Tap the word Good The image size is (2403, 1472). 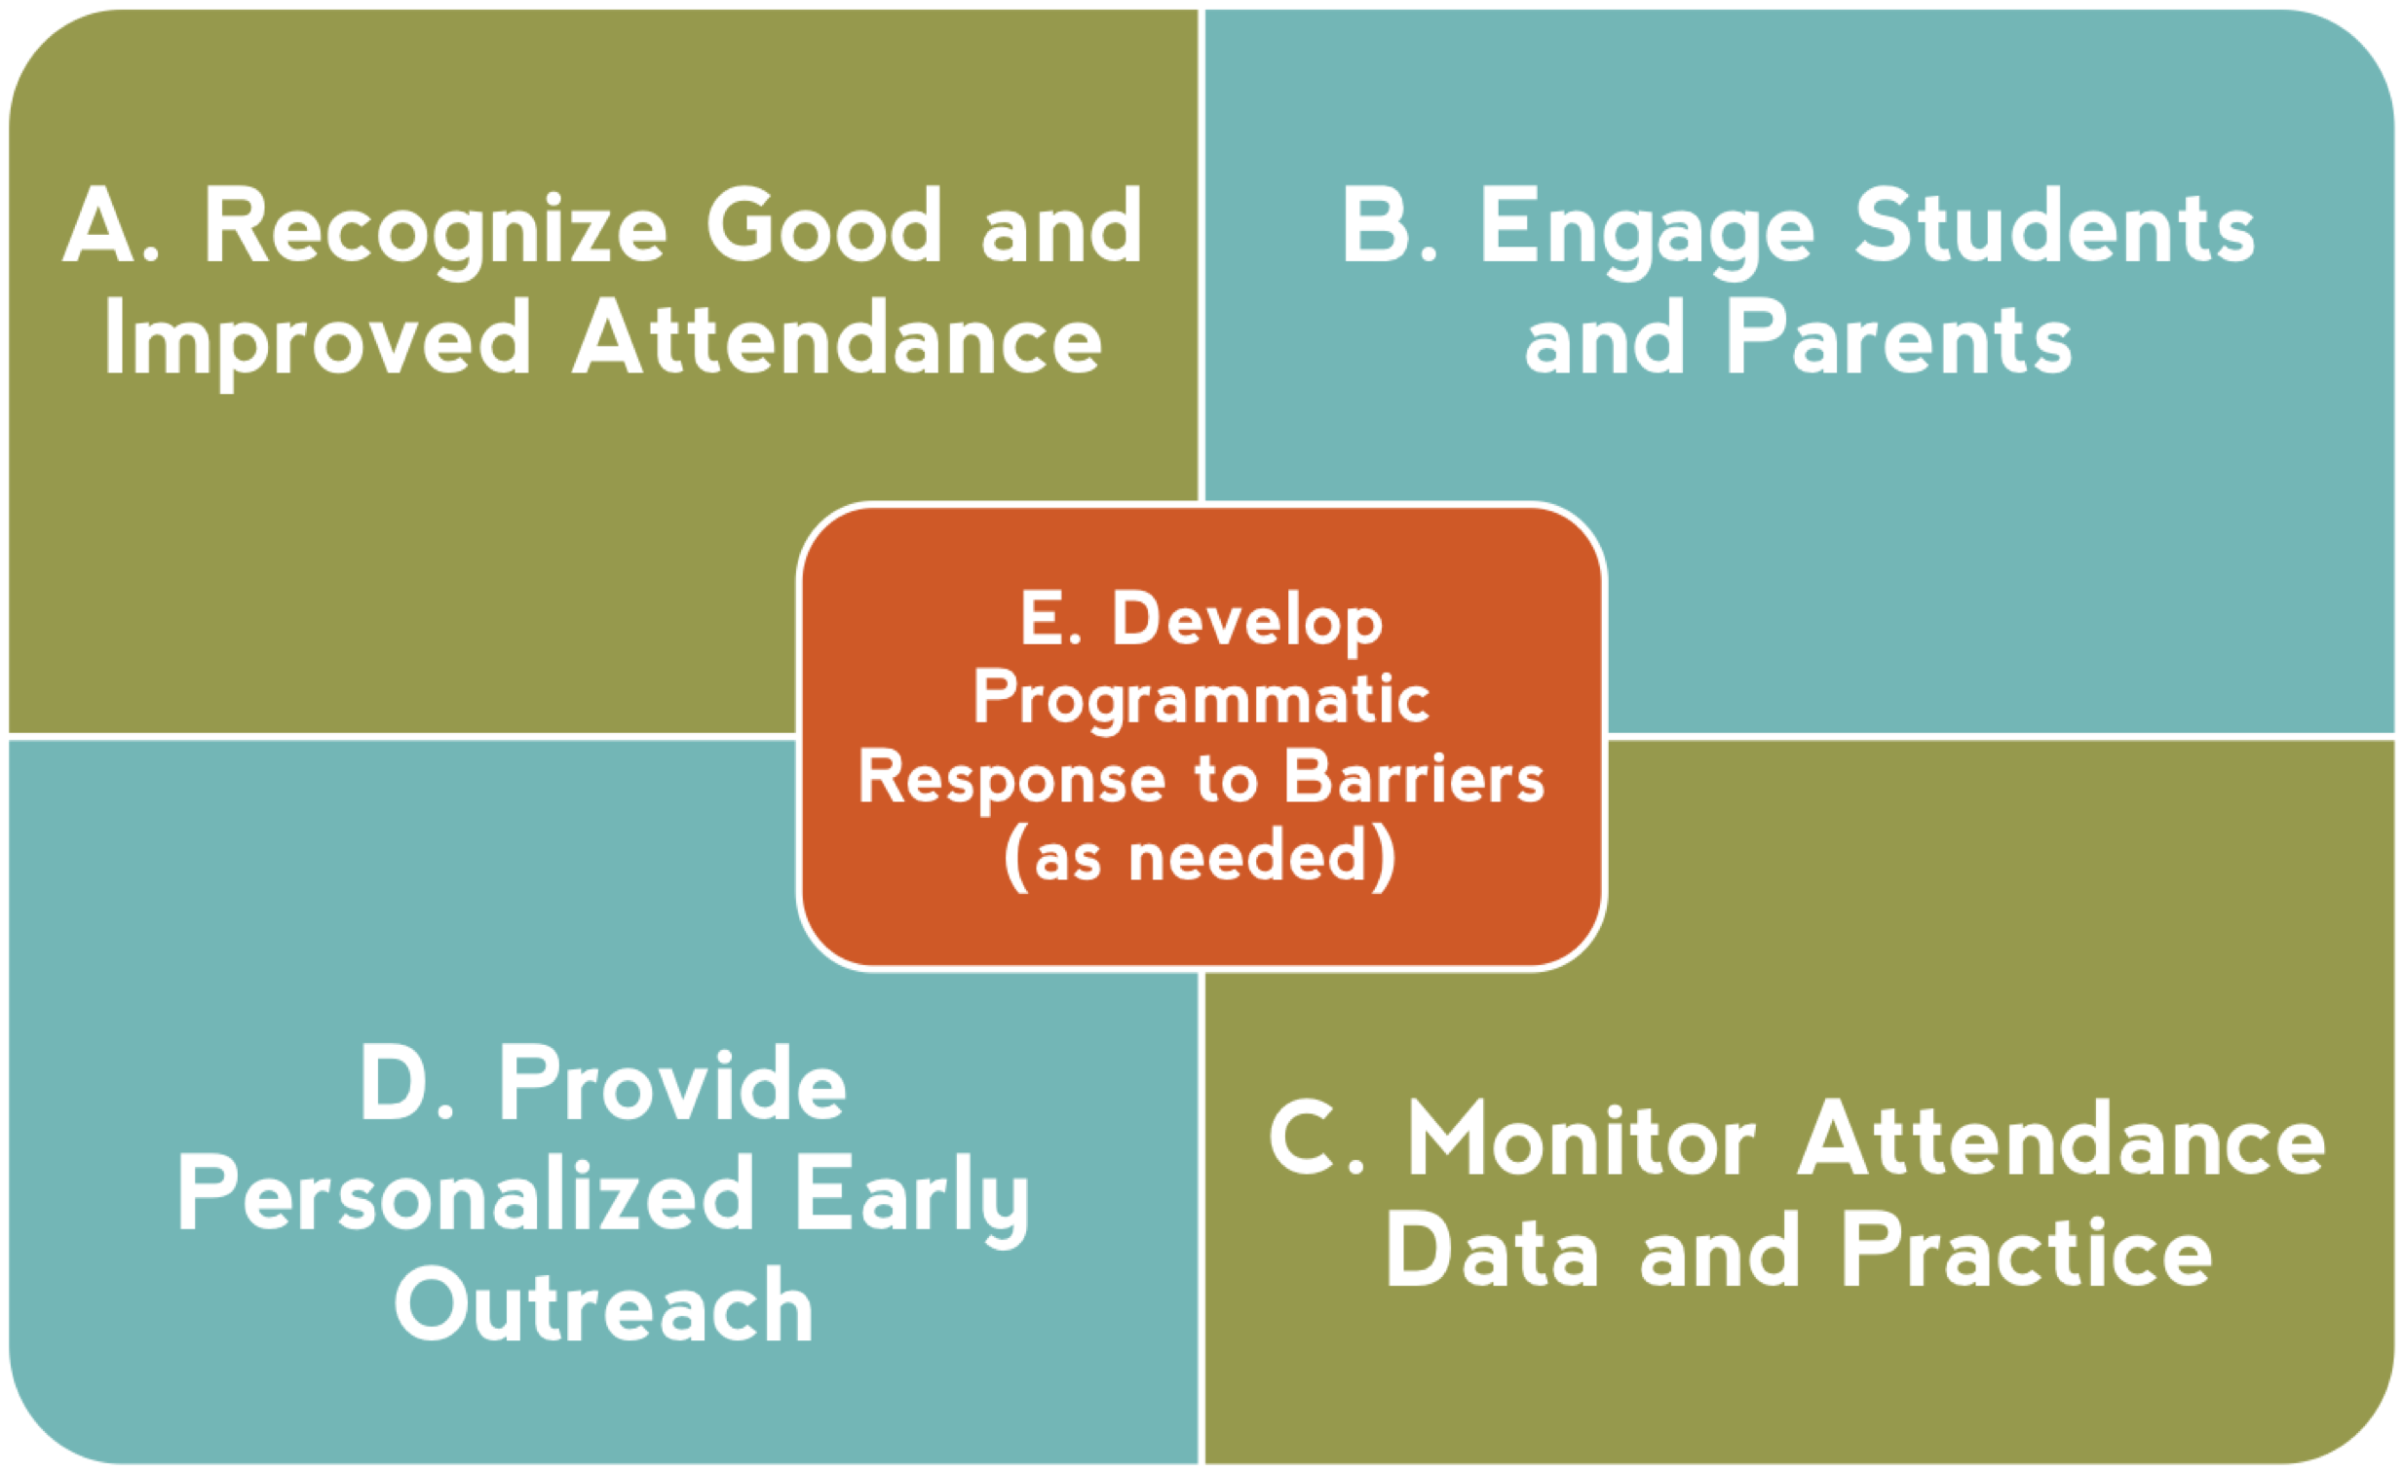click(824, 225)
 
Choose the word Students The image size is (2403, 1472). click(2054, 225)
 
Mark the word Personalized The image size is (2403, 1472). click(466, 1195)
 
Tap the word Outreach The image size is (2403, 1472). click(604, 1305)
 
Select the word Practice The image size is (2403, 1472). click(2028, 1252)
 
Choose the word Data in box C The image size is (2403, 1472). click(1491, 1252)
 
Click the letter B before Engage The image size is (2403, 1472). click(1377, 225)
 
